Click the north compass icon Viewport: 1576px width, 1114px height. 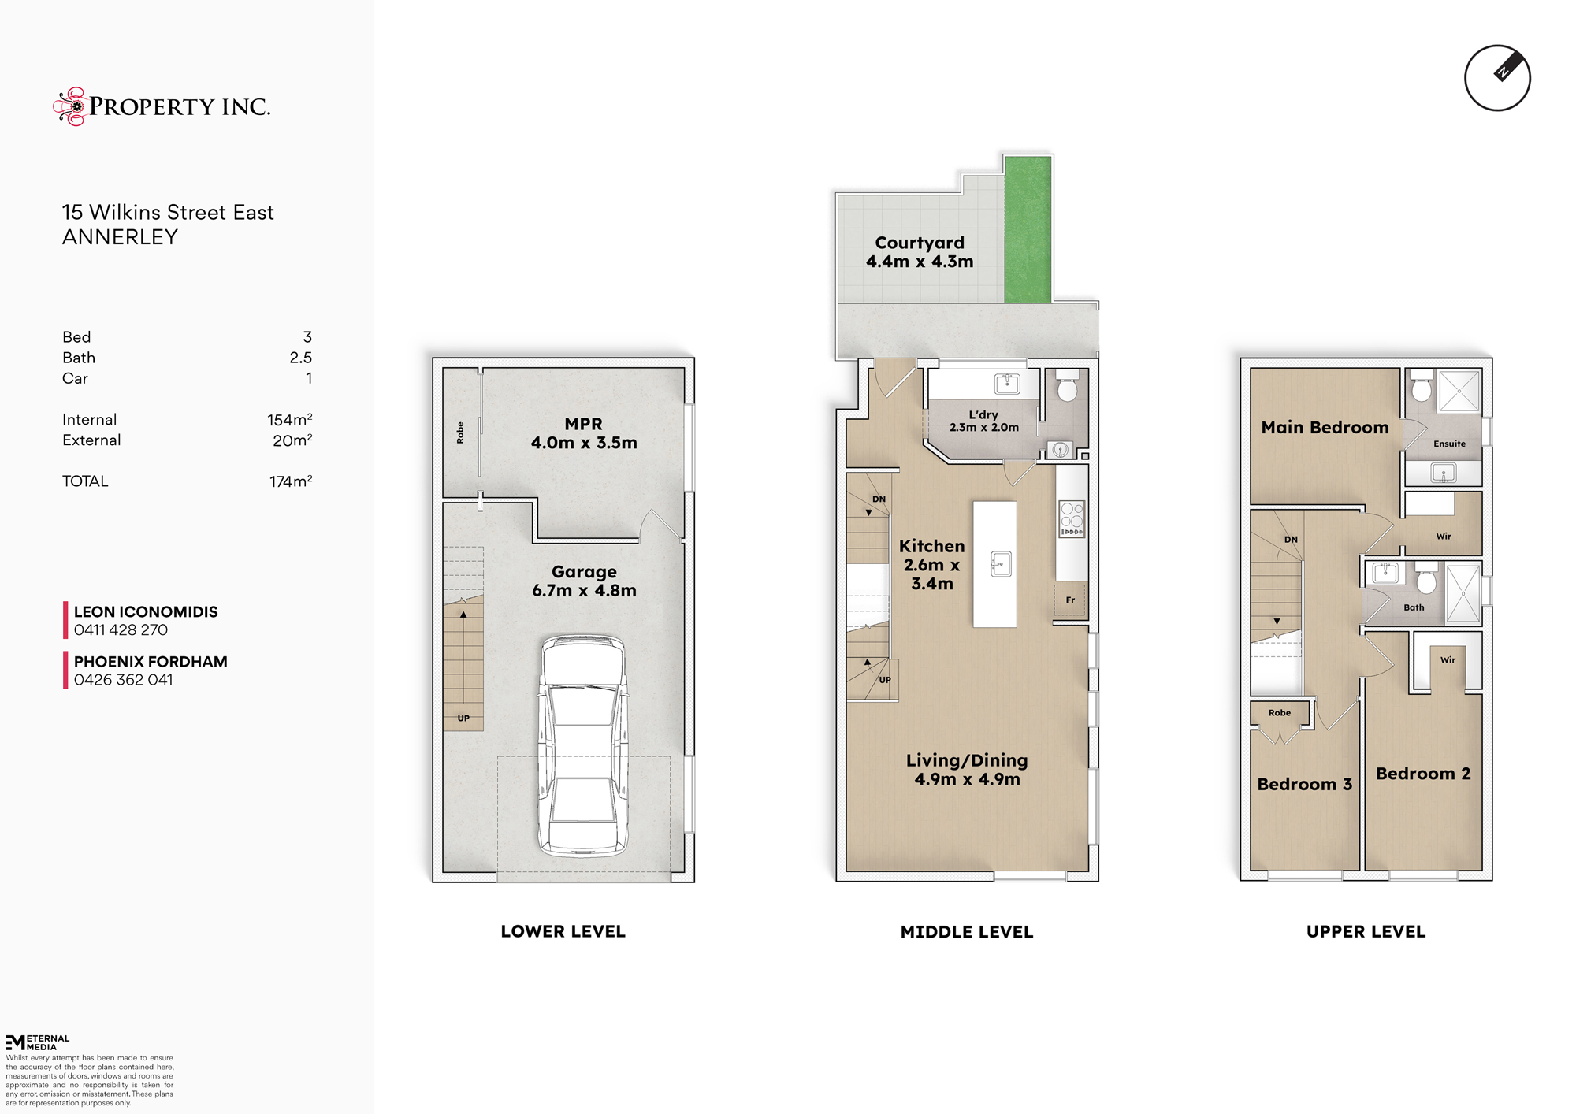[1497, 78]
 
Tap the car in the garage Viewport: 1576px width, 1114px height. [583, 746]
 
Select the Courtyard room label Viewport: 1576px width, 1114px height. [920, 252]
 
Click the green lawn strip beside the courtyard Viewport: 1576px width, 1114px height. [1028, 229]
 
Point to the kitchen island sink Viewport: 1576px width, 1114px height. [1001, 564]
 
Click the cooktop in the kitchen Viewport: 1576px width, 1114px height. [1072, 519]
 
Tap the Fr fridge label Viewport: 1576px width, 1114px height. [1070, 600]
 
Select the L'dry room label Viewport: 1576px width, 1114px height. [983, 421]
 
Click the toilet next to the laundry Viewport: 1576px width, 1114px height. [1067, 384]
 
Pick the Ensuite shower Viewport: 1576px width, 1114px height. [1459, 390]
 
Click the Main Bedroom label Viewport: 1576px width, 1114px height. [1325, 428]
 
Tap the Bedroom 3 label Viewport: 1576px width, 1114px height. [1304, 784]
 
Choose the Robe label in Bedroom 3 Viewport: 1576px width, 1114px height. [1280, 713]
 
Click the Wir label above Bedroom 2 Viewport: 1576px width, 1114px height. [1448, 660]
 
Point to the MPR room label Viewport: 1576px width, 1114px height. [583, 433]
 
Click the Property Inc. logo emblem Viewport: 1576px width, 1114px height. [71, 106]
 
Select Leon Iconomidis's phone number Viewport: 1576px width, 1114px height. [121, 630]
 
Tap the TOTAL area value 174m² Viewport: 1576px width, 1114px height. [291, 481]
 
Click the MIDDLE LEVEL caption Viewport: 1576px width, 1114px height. [967, 932]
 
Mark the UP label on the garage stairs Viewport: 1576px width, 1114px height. [463, 719]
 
